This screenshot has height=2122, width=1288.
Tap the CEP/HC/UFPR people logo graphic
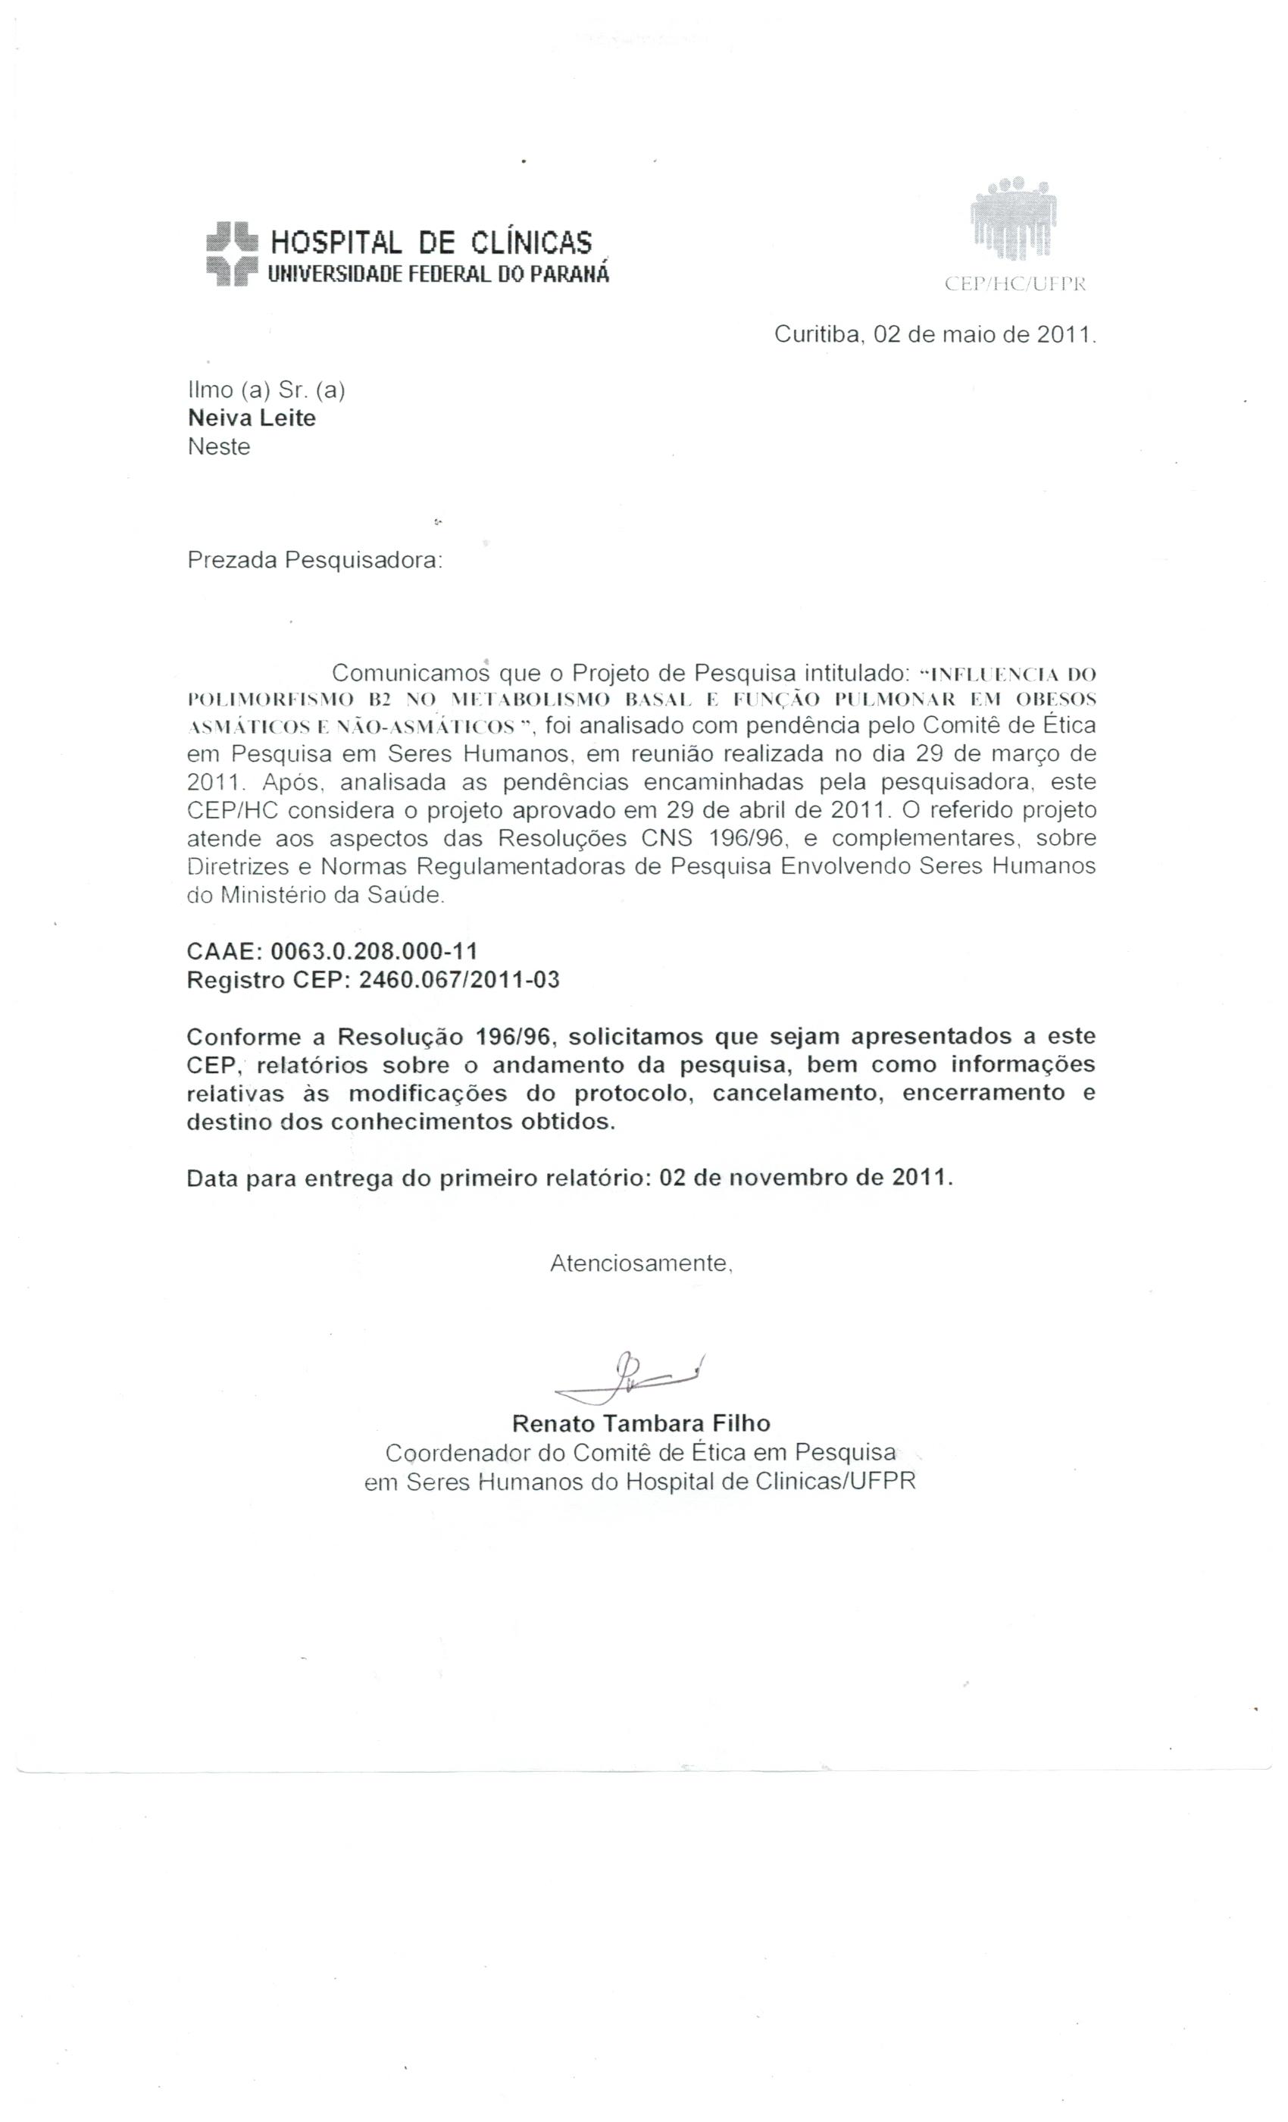[1014, 221]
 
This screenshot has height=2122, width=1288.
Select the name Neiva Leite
[252, 418]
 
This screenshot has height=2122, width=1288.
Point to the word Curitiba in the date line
[818, 334]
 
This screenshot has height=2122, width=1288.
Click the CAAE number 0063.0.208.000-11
[374, 951]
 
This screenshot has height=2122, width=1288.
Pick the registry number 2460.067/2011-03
[459, 980]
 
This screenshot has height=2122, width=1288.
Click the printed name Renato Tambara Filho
[640, 1422]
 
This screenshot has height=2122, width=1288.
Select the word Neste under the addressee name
[219, 447]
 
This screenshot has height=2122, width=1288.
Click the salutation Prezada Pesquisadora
[314, 561]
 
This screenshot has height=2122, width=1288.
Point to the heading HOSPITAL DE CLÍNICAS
[431, 243]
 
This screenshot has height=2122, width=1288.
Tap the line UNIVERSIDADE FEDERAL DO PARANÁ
[438, 274]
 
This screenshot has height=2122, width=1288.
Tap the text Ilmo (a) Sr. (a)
[266, 390]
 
